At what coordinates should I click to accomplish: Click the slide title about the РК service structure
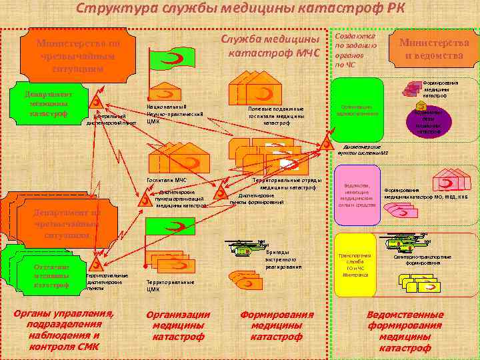tap(239, 9)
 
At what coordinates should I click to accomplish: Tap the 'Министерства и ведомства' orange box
tap(433, 49)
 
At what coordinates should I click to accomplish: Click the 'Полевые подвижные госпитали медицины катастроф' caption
tap(275, 115)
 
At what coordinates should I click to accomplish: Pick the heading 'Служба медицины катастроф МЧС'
tap(274, 45)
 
